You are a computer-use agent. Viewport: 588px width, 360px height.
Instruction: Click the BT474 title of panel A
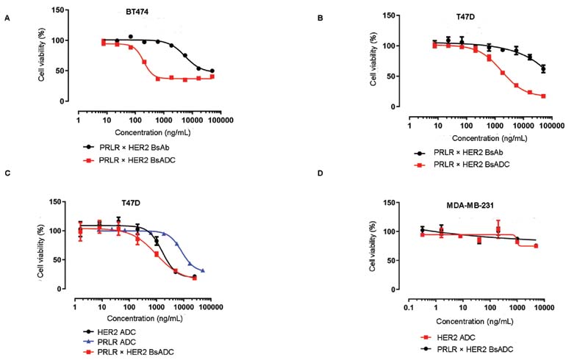click(x=135, y=12)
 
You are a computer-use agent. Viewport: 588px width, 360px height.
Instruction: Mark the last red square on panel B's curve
click(x=542, y=96)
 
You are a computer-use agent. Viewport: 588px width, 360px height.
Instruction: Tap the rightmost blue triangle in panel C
click(x=202, y=270)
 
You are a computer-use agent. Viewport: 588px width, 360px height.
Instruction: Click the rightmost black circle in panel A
click(x=212, y=71)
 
